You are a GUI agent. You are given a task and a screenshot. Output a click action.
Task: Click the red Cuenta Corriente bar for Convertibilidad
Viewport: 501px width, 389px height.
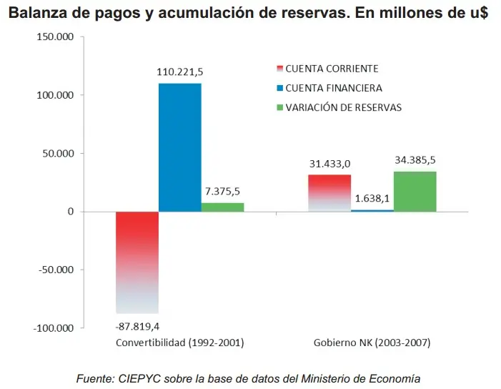pyautogui.click(x=137, y=262)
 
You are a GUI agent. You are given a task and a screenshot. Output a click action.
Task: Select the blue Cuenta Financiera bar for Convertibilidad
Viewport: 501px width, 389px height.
pyautogui.click(x=179, y=147)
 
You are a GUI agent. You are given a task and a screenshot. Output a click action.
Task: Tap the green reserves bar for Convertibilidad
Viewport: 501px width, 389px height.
pyautogui.click(x=222, y=207)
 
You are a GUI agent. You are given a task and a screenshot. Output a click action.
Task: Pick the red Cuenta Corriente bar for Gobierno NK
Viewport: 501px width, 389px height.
pyautogui.click(x=329, y=193)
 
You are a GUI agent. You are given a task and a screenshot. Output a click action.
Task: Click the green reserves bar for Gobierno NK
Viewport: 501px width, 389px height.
pyautogui.click(x=415, y=191)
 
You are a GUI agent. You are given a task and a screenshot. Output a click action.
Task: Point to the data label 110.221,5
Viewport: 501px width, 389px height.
pyautogui.click(x=180, y=72)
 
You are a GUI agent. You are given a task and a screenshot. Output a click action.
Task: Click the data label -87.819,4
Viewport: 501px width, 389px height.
pyautogui.click(x=137, y=326)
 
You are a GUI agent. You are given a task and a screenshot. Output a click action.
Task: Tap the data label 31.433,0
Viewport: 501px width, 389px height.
pyautogui.click(x=330, y=163)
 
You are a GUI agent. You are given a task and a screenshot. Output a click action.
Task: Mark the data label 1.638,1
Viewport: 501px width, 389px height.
pyautogui.click(x=371, y=198)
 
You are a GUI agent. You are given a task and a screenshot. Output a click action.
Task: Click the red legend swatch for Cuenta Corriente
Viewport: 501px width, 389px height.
pyautogui.click(x=279, y=69)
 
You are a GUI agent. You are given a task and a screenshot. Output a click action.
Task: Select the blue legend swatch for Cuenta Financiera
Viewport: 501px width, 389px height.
pyautogui.click(x=279, y=89)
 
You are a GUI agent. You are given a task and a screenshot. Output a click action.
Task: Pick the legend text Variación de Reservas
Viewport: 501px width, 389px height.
pyautogui.click(x=343, y=108)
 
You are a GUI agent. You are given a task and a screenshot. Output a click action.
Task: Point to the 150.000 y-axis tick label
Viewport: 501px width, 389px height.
pyautogui.click(x=55, y=37)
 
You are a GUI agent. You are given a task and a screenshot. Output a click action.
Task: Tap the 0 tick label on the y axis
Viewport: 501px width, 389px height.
pyautogui.click(x=71, y=212)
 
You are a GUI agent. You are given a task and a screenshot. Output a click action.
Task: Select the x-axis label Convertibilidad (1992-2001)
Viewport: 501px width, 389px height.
pyautogui.click(x=180, y=343)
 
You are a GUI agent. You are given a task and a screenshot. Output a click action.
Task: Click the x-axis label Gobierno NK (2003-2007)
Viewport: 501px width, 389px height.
pyautogui.click(x=372, y=343)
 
